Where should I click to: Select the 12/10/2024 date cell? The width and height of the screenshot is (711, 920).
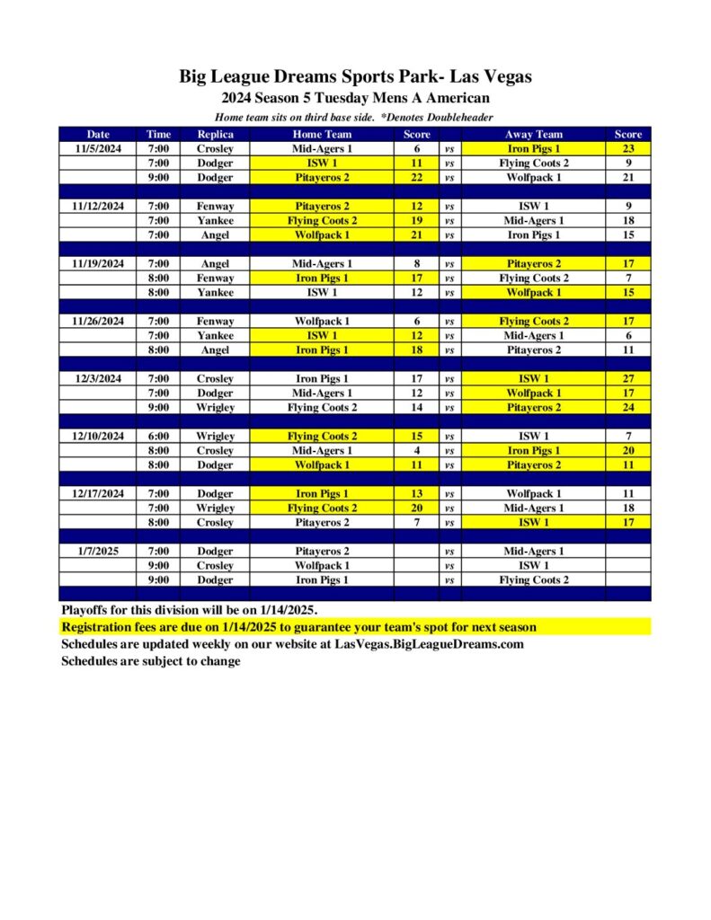99,437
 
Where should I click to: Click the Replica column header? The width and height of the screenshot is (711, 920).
215,135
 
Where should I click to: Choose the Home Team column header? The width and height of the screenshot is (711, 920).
322,135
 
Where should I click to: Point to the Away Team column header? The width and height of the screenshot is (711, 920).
533,135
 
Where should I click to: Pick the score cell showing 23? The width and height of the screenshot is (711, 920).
627,149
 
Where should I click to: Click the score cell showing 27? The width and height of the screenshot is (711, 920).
627,379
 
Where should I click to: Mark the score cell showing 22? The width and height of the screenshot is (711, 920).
416,178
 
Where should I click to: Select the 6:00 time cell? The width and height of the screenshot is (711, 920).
159,437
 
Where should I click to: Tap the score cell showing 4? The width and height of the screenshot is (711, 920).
416,451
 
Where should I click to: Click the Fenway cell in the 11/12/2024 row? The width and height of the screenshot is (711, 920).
215,207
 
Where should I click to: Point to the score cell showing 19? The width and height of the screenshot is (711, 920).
416,221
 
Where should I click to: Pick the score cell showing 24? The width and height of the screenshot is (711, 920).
627,408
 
